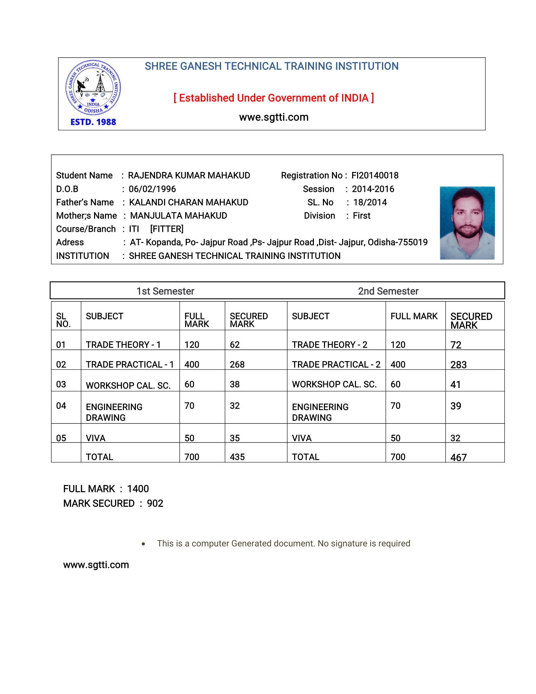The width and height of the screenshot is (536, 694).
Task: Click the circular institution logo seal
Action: tap(93, 88)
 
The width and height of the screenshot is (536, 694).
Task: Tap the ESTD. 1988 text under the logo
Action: tap(93, 122)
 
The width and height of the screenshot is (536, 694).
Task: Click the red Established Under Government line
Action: tap(274, 98)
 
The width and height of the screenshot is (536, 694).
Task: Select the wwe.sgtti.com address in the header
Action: tap(274, 117)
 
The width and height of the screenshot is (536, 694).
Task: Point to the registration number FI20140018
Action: tap(375, 176)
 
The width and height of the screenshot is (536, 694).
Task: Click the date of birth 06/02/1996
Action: tap(152, 189)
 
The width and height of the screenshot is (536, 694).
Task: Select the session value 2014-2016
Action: tap(373, 189)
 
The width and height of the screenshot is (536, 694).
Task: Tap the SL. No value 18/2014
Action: tap(370, 202)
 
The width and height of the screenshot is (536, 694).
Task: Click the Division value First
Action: tap(362, 216)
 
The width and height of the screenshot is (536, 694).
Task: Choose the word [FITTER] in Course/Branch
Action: tap(167, 229)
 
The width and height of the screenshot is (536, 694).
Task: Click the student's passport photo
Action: tap(467, 223)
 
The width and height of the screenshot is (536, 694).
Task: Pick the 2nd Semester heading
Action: tap(388, 291)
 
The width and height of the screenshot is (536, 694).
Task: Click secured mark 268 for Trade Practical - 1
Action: tap(237, 365)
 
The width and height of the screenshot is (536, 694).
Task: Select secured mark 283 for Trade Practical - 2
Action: tap(458, 365)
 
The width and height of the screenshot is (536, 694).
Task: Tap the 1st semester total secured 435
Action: tap(237, 457)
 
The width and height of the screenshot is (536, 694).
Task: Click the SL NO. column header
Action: tap(63, 320)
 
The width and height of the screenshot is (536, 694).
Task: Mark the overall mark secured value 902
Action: tap(155, 504)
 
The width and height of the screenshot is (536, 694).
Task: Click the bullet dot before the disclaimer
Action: tap(143, 544)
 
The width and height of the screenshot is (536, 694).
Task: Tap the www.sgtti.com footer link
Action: tap(96, 565)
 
